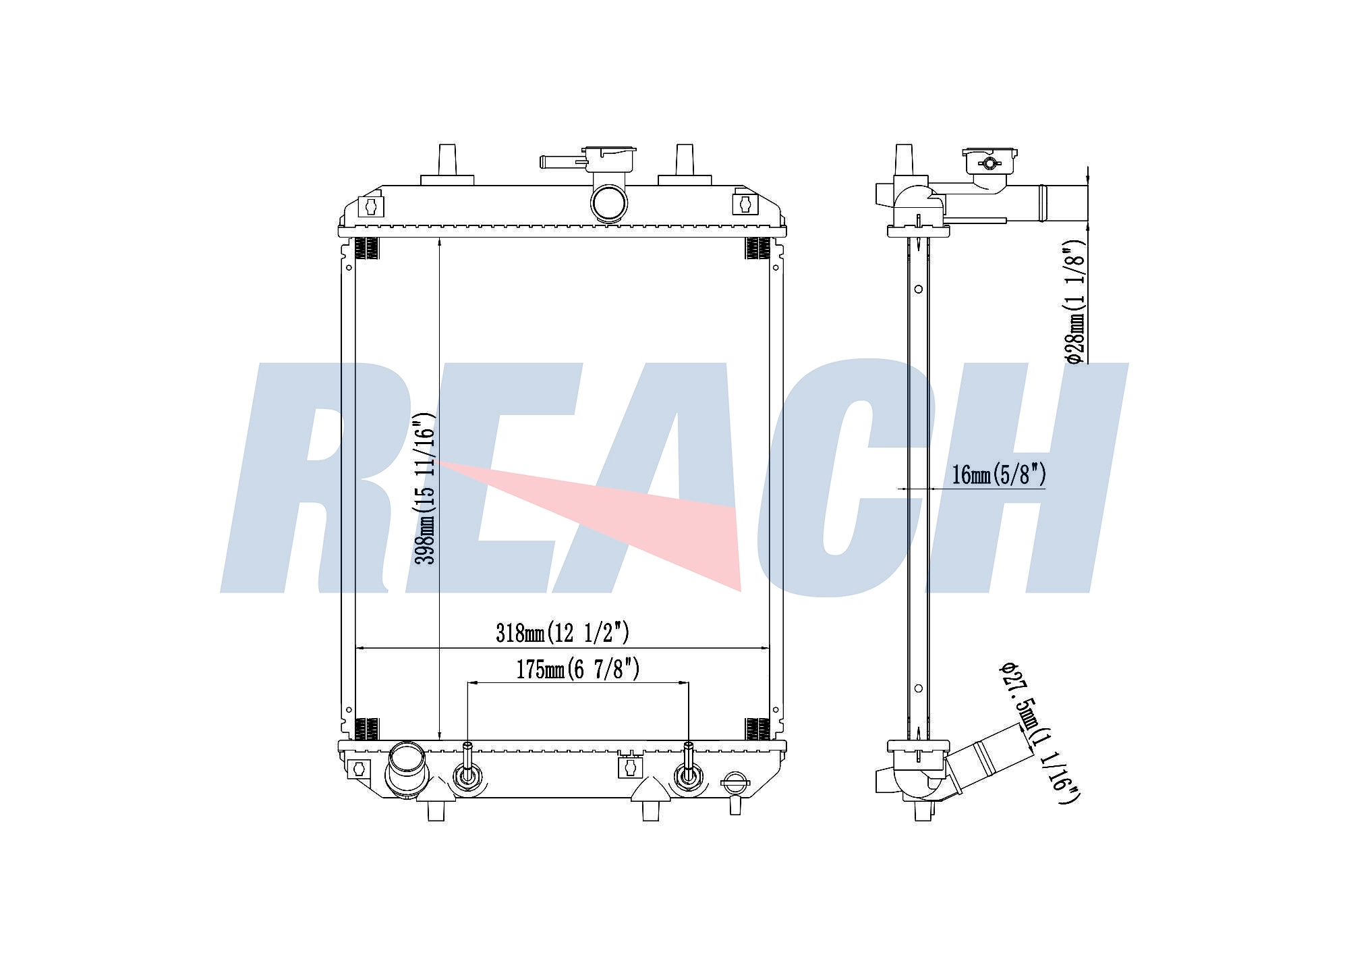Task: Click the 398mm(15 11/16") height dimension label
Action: coord(426,488)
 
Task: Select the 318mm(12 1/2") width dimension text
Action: coord(563,633)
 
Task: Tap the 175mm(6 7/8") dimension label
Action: coord(578,669)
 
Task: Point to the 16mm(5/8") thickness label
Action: coord(999,474)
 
